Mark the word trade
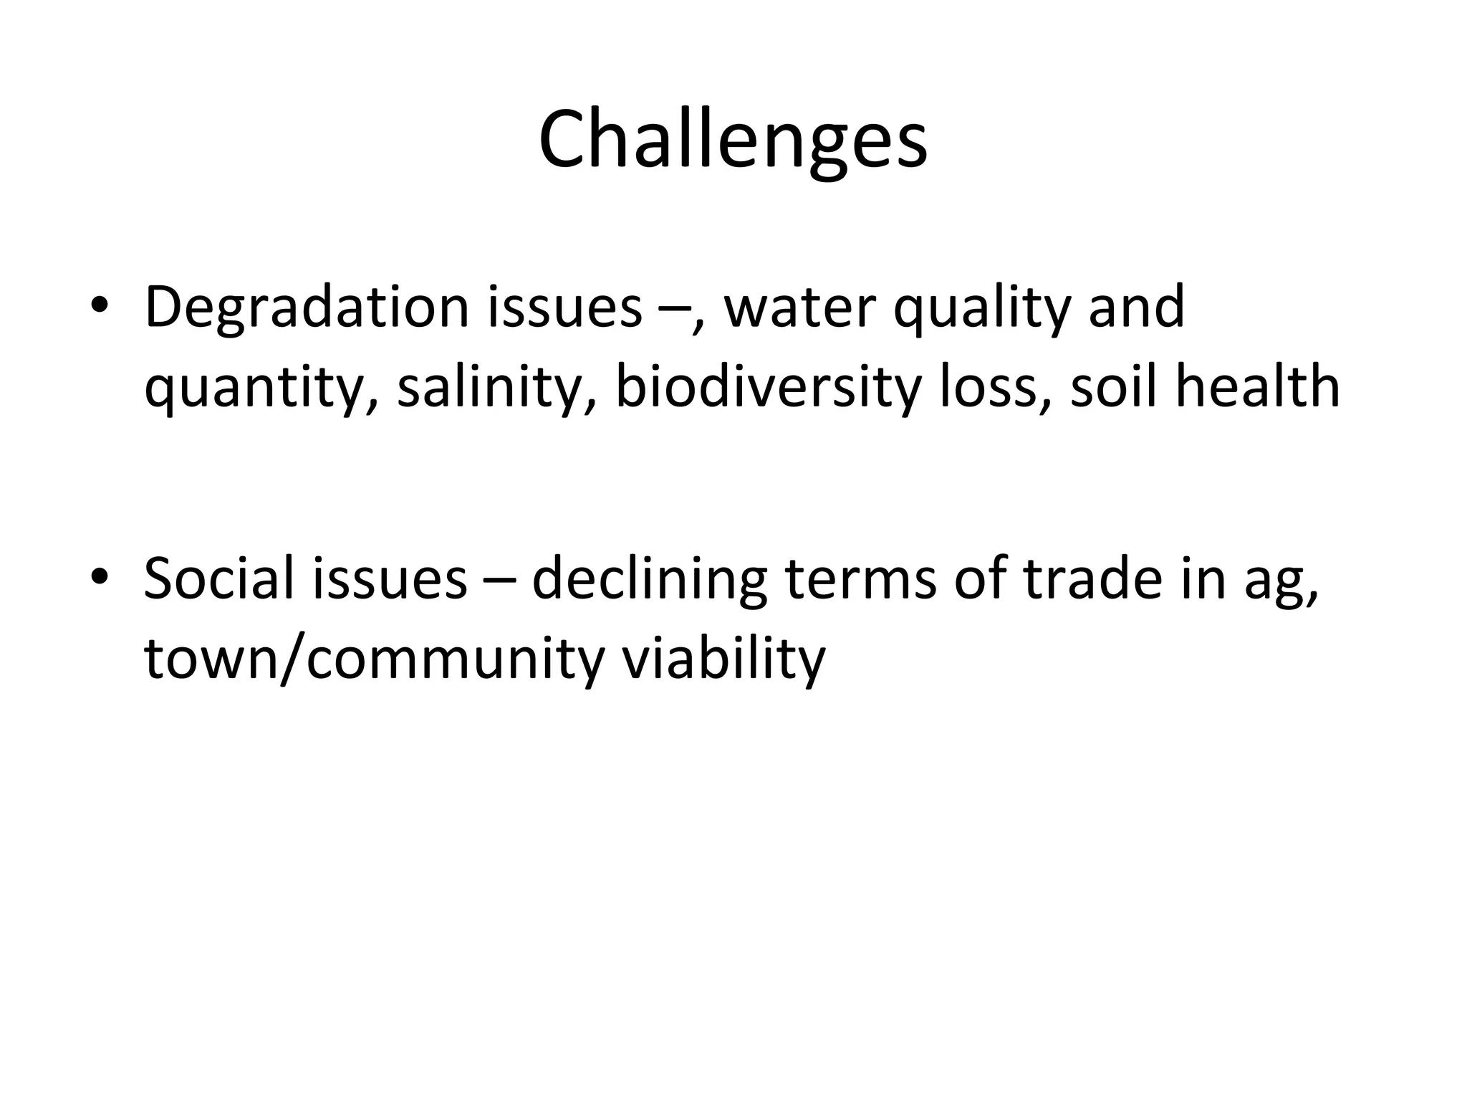pos(1092,578)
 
